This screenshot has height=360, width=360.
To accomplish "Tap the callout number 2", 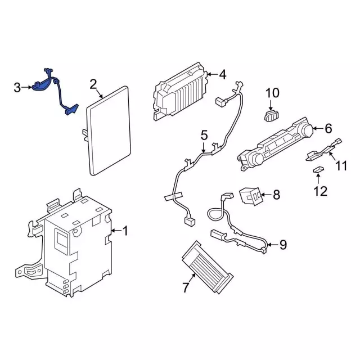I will click(x=93, y=85).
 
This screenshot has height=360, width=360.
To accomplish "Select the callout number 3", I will click(x=18, y=87).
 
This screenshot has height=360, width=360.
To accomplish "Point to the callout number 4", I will click(x=222, y=74).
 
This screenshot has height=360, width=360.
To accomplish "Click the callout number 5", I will click(x=204, y=135).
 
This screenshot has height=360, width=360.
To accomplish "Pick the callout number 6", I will click(x=328, y=129).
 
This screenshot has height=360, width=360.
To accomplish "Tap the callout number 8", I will click(x=276, y=195).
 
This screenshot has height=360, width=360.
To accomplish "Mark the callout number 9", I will click(x=282, y=244).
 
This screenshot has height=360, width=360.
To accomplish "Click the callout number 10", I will click(x=272, y=93).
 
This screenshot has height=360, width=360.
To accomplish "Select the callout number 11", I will click(x=342, y=166).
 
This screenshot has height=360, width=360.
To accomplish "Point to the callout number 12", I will click(x=320, y=191).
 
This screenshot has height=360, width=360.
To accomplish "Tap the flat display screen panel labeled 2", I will click(x=109, y=129).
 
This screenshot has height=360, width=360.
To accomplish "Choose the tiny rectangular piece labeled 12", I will click(x=318, y=170).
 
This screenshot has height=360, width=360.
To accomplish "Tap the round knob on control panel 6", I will click(x=306, y=130).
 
